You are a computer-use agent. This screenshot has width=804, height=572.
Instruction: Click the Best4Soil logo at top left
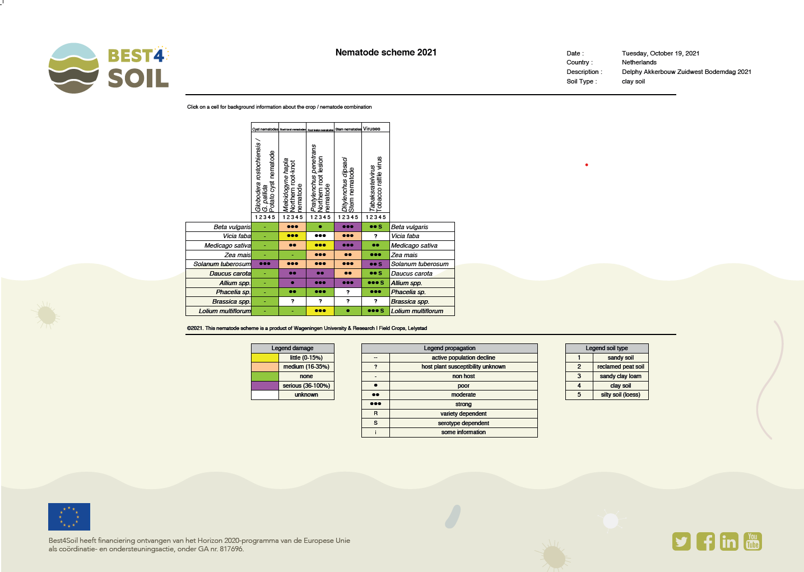pos(109,68)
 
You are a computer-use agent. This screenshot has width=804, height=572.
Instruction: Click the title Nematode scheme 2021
pos(385,52)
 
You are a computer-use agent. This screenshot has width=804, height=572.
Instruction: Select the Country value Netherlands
pos(639,62)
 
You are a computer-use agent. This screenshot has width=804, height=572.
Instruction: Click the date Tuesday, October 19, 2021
pos(660,53)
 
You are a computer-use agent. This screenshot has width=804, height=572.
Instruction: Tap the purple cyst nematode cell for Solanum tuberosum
pos(265,264)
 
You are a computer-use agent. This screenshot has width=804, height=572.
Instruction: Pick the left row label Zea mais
pos(238,255)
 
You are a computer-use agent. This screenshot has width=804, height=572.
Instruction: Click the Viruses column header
pos(372,129)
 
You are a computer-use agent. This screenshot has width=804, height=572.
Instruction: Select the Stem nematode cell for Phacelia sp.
pos(348,292)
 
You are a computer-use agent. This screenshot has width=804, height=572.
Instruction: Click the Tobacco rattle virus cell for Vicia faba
pos(375,236)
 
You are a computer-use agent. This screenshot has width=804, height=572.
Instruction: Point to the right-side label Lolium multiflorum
pos(417,311)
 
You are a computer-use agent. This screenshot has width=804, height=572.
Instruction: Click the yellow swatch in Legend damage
pos(265,357)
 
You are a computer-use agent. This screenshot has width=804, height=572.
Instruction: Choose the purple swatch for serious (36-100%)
pos(265,385)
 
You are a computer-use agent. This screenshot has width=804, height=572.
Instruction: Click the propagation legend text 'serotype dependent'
pos(463,423)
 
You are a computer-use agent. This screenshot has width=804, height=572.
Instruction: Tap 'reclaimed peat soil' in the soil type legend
pos(620,366)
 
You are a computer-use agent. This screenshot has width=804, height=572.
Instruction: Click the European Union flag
pos(69,517)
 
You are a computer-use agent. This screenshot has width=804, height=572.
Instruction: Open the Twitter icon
pos(681,542)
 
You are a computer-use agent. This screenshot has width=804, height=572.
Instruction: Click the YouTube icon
pos(752,542)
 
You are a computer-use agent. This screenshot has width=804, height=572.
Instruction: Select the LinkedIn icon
pos(729,542)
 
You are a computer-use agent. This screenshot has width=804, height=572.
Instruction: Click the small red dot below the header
pos(587,165)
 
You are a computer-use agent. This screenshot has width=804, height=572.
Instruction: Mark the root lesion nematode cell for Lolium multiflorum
pos(320,311)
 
